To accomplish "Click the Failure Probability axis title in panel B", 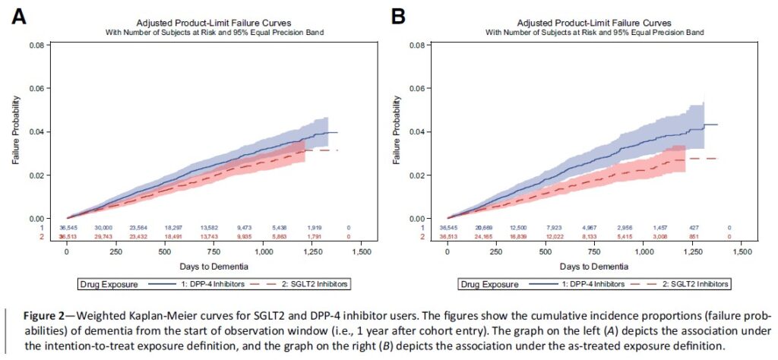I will pyautogui.click(x=396, y=132).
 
